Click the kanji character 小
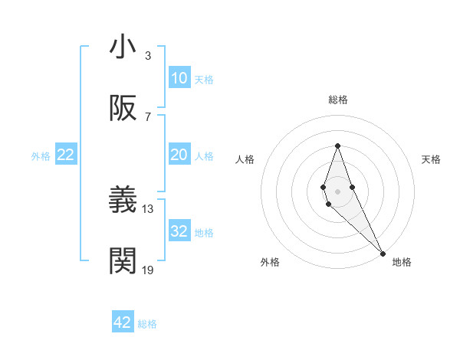pos(123,47)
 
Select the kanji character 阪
pos(123,109)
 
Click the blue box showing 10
pos(179,78)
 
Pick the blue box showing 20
pos(179,155)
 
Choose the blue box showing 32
pos(179,231)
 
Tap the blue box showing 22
pos(66,155)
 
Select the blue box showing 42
pos(123,322)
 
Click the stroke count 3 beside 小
pos(148,55)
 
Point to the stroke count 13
pos(148,208)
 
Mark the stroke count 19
pos(148,270)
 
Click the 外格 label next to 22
pos(41,155)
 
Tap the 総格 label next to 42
pos(147,323)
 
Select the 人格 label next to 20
pos(204,155)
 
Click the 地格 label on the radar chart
pos(402,262)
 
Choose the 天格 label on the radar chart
pos(431,159)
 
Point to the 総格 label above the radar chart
pos(338,100)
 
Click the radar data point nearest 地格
pos(382,253)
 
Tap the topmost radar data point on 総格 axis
pos(337,146)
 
